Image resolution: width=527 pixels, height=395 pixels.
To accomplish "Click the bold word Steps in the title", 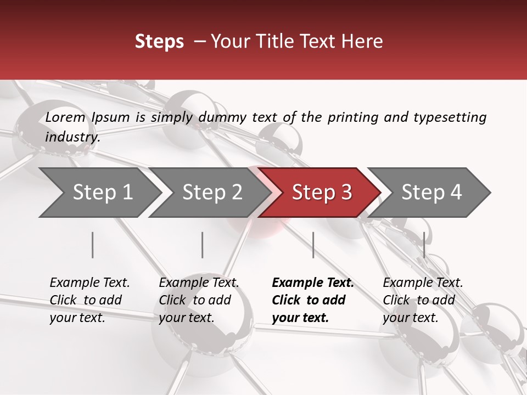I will (159, 42).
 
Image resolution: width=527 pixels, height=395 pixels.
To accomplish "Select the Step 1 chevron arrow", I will (99, 193).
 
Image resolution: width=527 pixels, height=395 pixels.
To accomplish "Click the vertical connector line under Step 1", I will (93, 245).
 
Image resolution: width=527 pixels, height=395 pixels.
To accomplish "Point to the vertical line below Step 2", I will (203, 245).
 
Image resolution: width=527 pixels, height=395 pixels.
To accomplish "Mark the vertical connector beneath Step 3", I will (313, 245).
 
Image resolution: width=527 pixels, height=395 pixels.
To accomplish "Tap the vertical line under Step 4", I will (424, 245).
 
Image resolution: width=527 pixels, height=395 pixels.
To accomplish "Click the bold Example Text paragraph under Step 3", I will (313, 300).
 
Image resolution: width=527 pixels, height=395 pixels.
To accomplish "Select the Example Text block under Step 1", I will (89, 300).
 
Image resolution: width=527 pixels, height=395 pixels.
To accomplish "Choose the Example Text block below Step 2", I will (199, 300).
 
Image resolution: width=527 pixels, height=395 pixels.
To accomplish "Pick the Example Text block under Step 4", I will (423, 300).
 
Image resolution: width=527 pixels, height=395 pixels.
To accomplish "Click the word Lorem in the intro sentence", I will (65, 117).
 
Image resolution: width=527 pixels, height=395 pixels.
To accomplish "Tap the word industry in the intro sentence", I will (72, 137).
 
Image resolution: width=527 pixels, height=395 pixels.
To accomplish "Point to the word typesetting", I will (450, 117).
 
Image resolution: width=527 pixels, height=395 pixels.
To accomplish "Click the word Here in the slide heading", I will (362, 42).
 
